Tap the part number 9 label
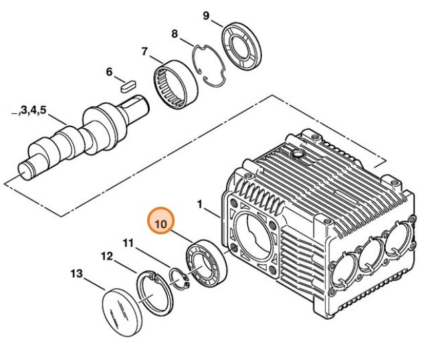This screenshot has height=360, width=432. click(206, 15)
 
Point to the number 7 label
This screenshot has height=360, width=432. click(144, 51)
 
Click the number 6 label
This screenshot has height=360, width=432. click(109, 72)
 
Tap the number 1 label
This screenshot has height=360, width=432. click(199, 202)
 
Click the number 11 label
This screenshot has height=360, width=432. click(129, 242)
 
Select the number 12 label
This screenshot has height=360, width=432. click(107, 256)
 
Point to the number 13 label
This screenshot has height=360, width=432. click(76, 273)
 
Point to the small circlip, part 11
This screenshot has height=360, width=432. click(179, 278)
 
